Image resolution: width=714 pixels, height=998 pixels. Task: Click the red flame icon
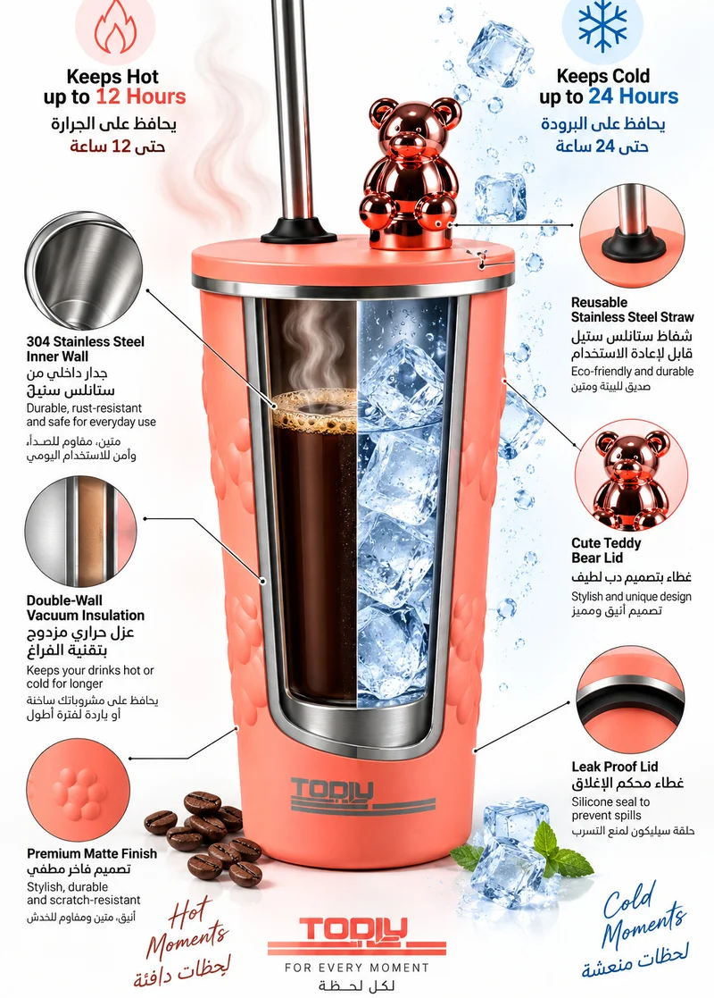[115, 28]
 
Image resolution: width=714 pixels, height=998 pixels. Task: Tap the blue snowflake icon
[602, 26]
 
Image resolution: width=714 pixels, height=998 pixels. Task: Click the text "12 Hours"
[140, 96]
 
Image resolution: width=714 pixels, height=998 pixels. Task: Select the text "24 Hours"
[634, 96]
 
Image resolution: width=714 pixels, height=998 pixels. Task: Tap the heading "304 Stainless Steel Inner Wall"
[85, 348]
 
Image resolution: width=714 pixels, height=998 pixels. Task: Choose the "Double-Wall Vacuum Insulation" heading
[85, 608]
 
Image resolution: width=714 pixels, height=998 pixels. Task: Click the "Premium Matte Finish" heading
[92, 853]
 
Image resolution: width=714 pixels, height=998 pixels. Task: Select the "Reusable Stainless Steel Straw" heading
[632, 310]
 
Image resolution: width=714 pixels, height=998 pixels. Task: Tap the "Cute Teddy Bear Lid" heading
[606, 550]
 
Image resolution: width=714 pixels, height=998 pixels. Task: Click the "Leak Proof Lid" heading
[614, 767]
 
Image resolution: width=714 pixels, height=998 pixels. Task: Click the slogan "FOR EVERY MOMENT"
[357, 968]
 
